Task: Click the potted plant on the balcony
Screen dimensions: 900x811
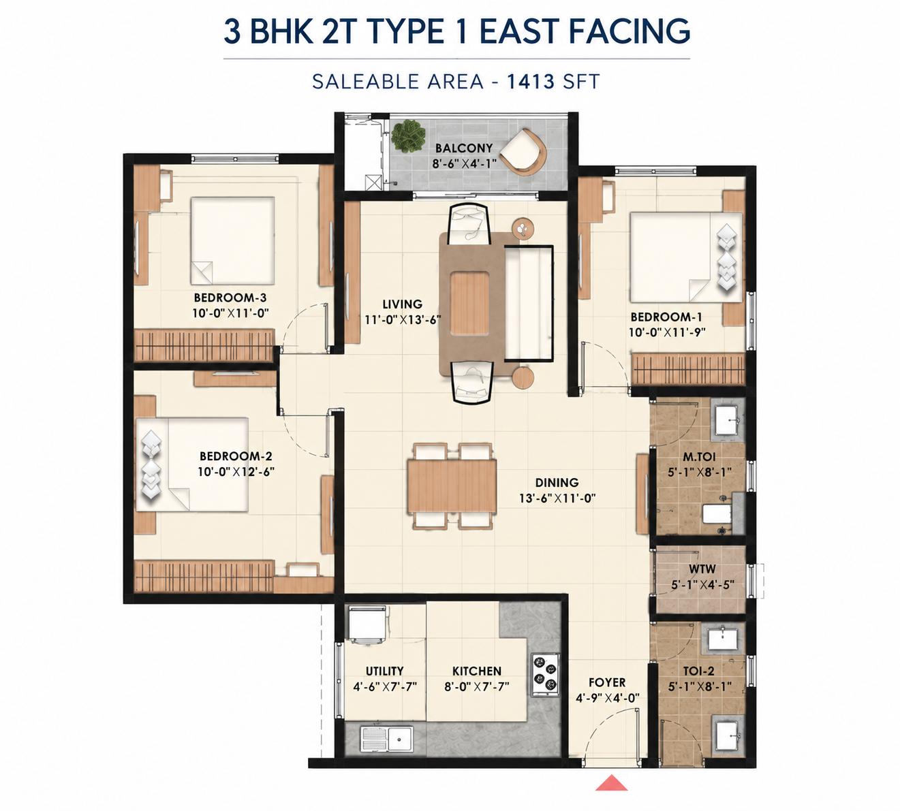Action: coord(408,136)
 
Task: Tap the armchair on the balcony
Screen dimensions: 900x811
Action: coord(523,152)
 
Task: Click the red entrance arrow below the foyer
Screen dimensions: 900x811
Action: coord(611,782)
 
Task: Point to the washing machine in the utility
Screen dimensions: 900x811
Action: coord(367,625)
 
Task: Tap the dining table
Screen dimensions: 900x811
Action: coord(452,486)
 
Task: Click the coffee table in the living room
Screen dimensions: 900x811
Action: coord(469,303)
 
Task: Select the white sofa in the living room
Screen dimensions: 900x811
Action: coord(529,303)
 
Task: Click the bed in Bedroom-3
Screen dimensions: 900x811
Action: coord(233,240)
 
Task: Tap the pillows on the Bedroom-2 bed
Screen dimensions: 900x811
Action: coord(151,465)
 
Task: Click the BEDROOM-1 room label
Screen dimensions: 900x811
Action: coord(666,317)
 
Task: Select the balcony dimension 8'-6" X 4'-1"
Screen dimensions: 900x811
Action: coord(465,163)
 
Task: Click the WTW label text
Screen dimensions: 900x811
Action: coord(702,569)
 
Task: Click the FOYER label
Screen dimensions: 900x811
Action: coord(607,682)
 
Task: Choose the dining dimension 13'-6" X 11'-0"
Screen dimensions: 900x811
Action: coord(557,498)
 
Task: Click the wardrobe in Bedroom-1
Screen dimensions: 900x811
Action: coord(689,369)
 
